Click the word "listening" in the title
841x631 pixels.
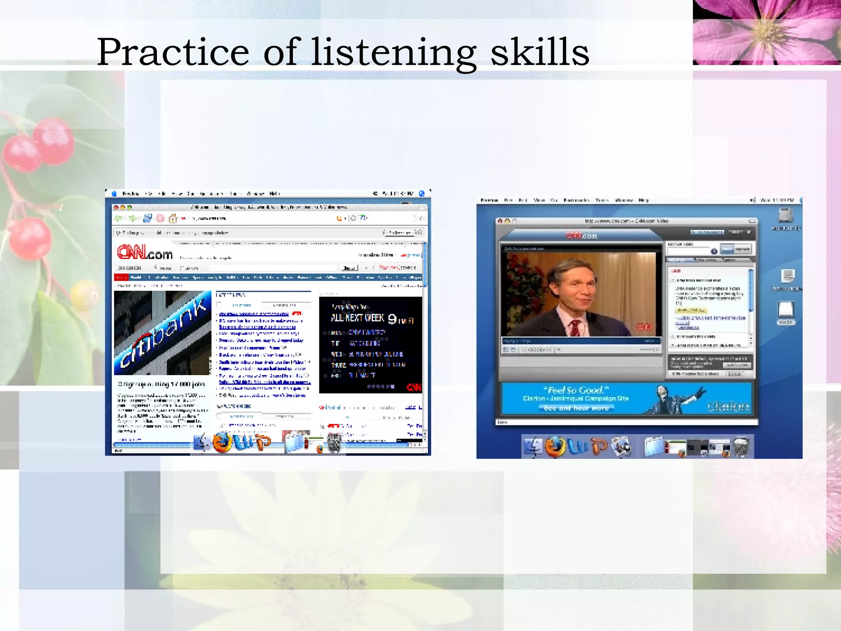coord(393,53)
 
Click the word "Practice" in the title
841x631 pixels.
coord(172,53)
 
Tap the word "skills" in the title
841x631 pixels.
coord(540,53)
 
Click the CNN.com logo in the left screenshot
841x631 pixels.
coord(145,252)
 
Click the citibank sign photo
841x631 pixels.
coord(163,333)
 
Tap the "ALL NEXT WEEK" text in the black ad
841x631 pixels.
coord(357,318)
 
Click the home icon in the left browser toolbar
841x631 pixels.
coord(173,219)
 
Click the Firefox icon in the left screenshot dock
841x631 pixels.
coord(222,443)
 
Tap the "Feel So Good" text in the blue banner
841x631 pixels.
coord(576,390)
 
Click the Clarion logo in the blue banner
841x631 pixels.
coord(728,406)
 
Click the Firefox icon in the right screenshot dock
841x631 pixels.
coord(555,447)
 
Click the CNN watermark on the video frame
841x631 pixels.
coord(643,327)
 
